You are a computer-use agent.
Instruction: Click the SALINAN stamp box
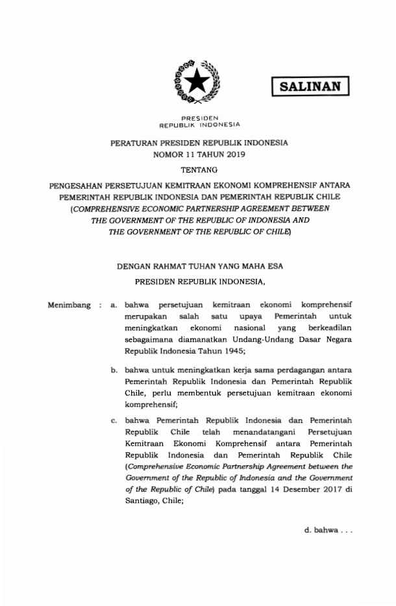coord(310,86)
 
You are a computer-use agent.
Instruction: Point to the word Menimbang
coord(69,304)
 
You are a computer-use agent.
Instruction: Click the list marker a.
coord(114,304)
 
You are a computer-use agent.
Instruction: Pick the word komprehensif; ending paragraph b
coord(151,402)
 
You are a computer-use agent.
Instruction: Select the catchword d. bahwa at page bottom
coord(328,531)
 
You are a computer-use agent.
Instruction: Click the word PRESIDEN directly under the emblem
coord(199,117)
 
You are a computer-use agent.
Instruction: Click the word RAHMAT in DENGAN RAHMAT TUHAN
coord(173,266)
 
